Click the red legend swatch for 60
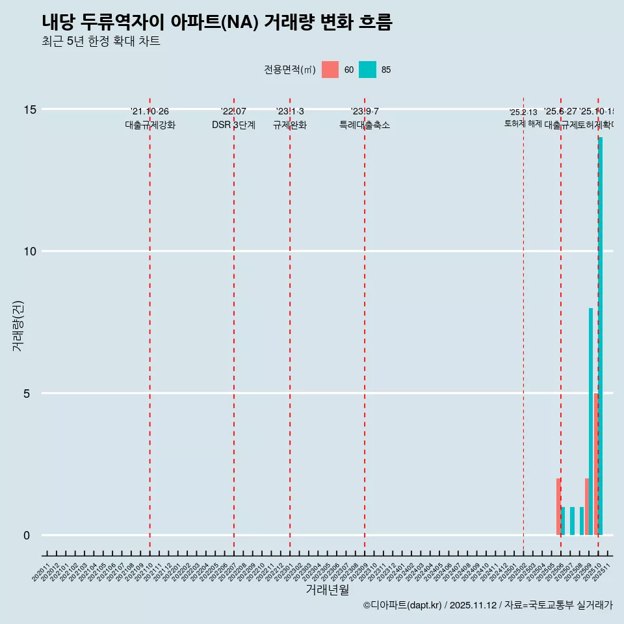click(330, 70)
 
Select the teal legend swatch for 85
click(367, 70)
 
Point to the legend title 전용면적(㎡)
click(290, 70)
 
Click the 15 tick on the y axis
click(30, 109)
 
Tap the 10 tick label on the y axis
click(30, 252)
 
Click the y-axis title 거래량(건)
click(18, 326)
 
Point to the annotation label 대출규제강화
click(150, 125)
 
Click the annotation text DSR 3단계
click(233, 125)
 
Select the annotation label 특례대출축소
click(364, 125)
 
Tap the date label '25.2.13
click(523, 112)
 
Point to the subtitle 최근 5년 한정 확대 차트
click(101, 42)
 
